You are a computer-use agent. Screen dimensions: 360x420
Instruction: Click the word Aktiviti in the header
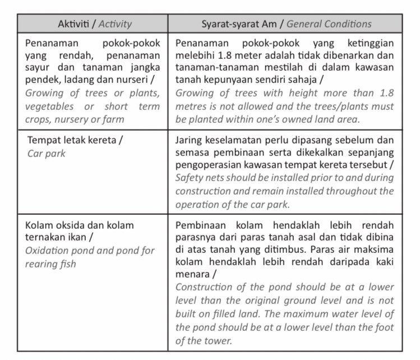(x=75, y=24)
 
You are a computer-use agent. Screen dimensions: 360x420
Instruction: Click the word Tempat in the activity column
(x=41, y=141)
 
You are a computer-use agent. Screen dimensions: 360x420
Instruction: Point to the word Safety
(x=190, y=179)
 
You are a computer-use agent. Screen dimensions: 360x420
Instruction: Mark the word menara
(x=193, y=276)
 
